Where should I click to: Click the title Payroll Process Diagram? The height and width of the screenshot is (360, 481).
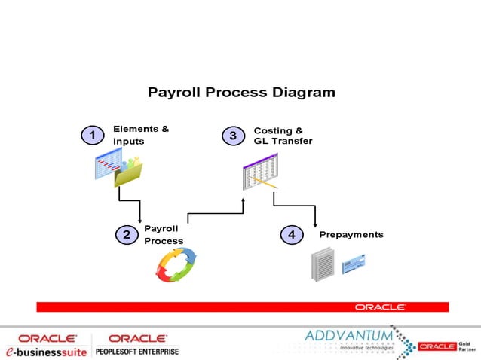coord(241,93)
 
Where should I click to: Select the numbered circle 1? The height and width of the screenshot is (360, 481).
coord(92,136)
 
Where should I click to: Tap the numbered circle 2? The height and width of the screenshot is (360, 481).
coord(127,235)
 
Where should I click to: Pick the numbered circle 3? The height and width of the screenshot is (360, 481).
coord(233,136)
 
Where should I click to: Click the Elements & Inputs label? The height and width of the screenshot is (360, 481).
coord(140,135)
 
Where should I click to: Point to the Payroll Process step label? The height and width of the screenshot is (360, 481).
coord(163,234)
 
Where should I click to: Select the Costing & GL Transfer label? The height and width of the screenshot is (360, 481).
coord(282,136)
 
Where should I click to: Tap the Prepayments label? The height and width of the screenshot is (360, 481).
coord(351,235)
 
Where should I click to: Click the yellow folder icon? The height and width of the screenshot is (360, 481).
coord(127,174)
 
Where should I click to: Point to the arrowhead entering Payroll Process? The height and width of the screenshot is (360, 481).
coord(140,220)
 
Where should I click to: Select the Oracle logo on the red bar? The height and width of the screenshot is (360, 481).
coord(381,307)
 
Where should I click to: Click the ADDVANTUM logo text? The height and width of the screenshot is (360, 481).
coord(349,334)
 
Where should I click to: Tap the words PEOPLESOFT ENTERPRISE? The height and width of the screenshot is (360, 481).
coord(137,352)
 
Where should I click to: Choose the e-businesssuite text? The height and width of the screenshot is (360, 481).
coord(46,352)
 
